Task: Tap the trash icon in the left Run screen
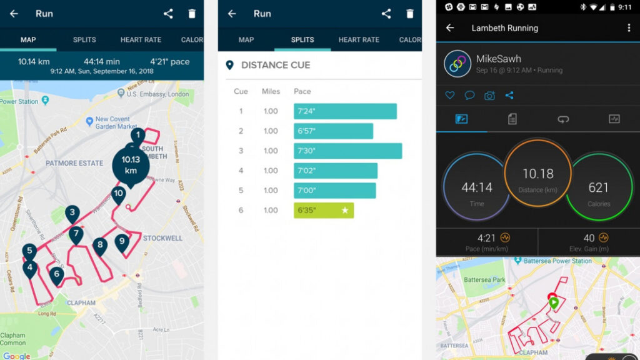pyautogui.click(x=192, y=14)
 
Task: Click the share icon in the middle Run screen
pyautogui.click(x=386, y=14)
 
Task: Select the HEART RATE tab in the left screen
pyautogui.click(x=141, y=39)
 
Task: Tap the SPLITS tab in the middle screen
pyautogui.click(x=302, y=39)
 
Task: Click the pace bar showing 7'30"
pyautogui.click(x=347, y=151)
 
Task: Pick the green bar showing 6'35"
pyautogui.click(x=324, y=210)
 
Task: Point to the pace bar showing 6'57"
pyautogui.click(x=333, y=131)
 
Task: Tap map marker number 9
pyautogui.click(x=122, y=242)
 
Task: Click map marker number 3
pyautogui.click(x=72, y=213)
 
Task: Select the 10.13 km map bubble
pyautogui.click(x=130, y=165)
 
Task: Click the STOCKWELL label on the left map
pyautogui.click(x=162, y=239)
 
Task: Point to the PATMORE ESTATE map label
pyautogui.click(x=74, y=163)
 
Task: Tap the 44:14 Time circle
pyautogui.click(x=477, y=188)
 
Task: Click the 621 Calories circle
pyautogui.click(x=599, y=188)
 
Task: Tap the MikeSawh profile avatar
pyautogui.click(x=457, y=64)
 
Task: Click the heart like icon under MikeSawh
pyautogui.click(x=450, y=96)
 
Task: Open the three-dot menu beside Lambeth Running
pyautogui.click(x=628, y=28)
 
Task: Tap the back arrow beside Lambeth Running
pyautogui.click(x=450, y=28)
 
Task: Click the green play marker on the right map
pyautogui.click(x=553, y=303)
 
